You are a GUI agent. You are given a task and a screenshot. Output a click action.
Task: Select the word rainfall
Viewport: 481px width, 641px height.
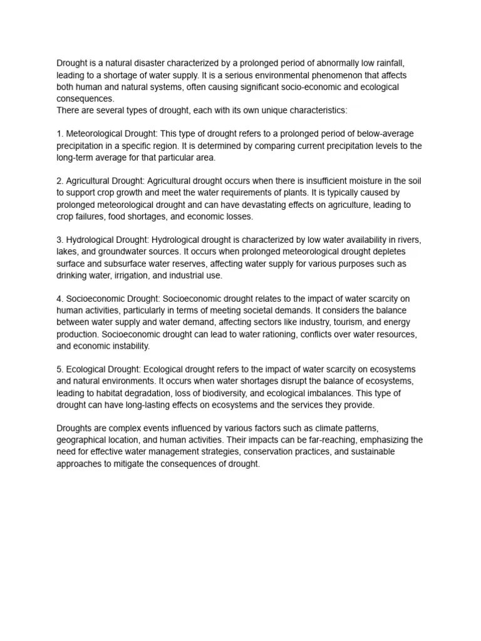tap(396, 63)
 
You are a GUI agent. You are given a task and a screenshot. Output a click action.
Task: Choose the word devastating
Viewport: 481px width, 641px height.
tap(274, 205)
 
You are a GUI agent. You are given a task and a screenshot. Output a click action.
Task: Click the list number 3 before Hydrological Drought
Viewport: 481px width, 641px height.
tap(59, 240)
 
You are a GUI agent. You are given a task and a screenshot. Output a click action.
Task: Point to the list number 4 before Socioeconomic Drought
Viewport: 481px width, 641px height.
tap(59, 299)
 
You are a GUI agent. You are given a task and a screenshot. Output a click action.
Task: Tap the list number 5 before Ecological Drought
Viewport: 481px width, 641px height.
tap(59, 369)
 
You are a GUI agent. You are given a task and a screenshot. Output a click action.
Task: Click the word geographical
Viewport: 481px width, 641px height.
tap(83, 440)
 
